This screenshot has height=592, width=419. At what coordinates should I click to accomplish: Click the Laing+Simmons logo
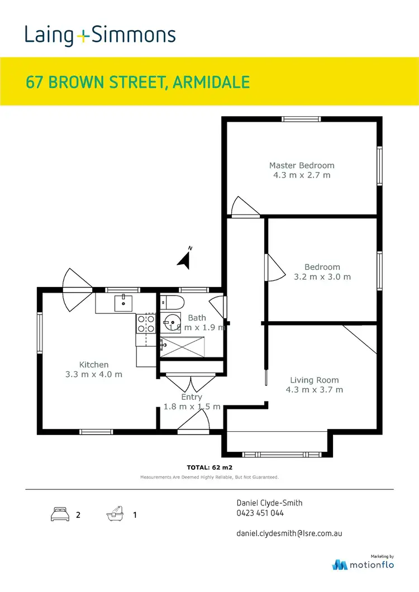coord(100,35)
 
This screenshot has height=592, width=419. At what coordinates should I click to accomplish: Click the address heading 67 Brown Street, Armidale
coord(137,82)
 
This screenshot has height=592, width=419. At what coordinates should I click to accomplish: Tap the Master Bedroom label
coord(302,165)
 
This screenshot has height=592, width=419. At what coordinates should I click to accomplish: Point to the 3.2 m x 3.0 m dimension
coord(322,277)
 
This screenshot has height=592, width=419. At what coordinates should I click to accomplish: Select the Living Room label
coord(314,380)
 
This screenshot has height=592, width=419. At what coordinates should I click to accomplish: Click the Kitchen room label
coord(93,365)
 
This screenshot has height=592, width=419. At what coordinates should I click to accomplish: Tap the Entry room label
coord(192,397)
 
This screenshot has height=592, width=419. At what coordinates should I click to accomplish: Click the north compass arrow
coord(185,258)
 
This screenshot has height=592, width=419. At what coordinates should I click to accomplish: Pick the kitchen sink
coord(123,303)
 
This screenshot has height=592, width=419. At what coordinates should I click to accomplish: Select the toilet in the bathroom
coord(175,303)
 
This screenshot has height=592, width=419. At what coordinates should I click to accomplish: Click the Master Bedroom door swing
coord(245,206)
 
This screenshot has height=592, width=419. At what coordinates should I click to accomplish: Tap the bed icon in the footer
coord(60,514)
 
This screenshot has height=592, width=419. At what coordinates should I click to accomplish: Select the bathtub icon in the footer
coord(114,514)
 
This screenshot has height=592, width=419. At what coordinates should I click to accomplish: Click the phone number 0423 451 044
coord(260,513)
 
